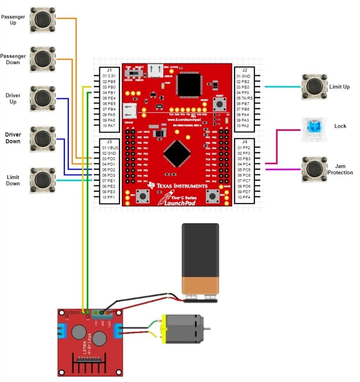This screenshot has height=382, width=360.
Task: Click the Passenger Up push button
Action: [43, 19]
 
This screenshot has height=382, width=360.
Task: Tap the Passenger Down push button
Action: [43, 59]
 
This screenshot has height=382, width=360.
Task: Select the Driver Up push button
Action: [43, 98]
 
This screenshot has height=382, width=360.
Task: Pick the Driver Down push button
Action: [43, 138]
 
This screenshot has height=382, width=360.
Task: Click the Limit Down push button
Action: [43, 180]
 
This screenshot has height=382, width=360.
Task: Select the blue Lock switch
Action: [315, 129]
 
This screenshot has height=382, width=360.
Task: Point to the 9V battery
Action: [201, 261]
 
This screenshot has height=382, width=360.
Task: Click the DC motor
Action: [183, 329]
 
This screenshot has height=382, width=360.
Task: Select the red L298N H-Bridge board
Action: [91, 342]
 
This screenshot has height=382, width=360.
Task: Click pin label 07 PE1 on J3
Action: [109, 181]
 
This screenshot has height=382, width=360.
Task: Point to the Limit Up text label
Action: [339, 87]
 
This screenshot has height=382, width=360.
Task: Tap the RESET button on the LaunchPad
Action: [219, 105]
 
